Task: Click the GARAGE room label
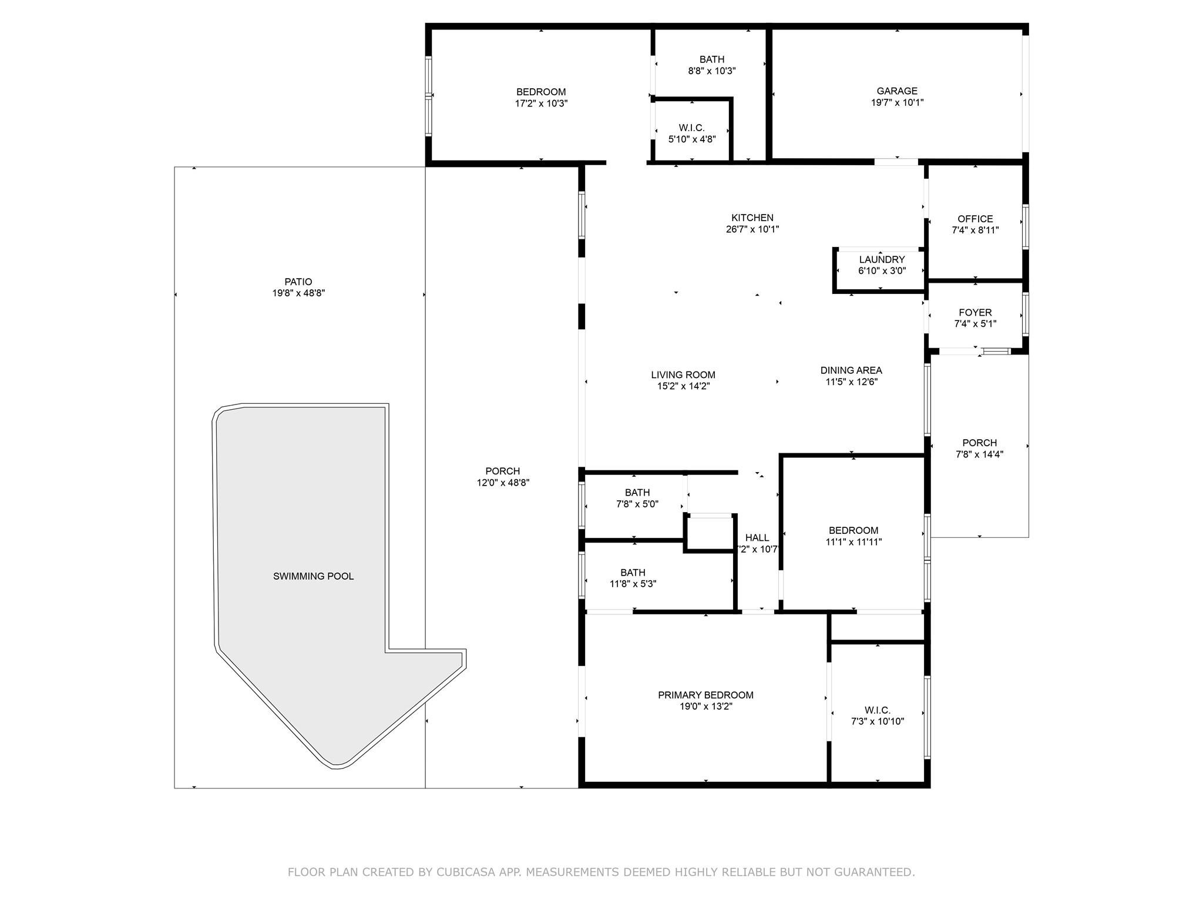pos(897,91)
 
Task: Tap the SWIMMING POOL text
pos(313,576)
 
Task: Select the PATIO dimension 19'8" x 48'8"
pos(298,293)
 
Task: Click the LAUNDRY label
pos(882,260)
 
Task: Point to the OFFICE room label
pos(975,219)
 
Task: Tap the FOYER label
pos(975,313)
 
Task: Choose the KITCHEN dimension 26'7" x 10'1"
pos(752,229)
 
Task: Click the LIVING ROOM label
pos(683,375)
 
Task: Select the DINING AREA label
pos(851,370)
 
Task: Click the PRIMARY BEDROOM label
pos(705,695)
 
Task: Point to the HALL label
pos(757,537)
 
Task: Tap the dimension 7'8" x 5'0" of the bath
pos(637,504)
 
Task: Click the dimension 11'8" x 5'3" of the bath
pos(633,584)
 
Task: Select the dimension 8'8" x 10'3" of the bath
pos(712,71)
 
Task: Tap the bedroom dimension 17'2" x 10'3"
pos(541,103)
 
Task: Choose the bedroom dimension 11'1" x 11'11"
pos(853,542)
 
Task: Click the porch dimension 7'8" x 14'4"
pos(979,454)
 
